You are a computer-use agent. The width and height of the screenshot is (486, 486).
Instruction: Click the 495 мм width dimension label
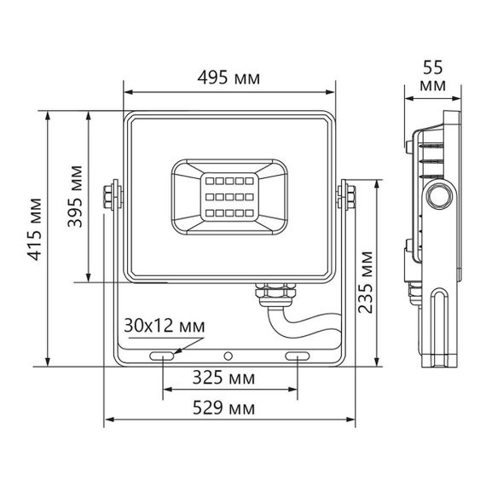click(228, 78)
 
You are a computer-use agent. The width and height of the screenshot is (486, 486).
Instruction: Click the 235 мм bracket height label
click(365, 282)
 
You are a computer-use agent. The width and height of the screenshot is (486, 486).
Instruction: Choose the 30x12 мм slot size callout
click(164, 325)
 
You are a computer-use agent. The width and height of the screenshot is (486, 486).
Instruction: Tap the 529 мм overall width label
click(229, 408)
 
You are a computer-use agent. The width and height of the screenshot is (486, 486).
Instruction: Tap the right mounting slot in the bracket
click(298, 354)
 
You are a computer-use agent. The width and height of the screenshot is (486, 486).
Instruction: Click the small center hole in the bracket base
click(229, 354)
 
